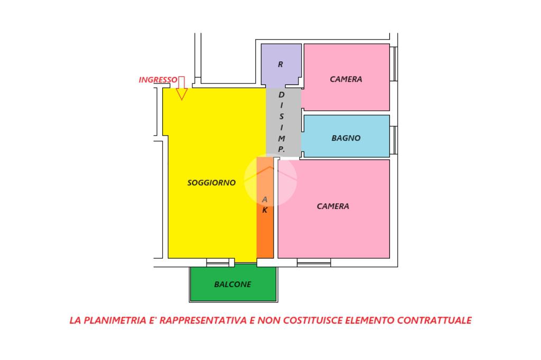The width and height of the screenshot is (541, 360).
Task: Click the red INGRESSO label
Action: coord(157,80)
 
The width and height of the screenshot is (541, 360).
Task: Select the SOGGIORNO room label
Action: coord(211,183)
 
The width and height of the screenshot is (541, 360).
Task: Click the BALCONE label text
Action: coord(232,284)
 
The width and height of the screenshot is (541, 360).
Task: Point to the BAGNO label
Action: coord(346,138)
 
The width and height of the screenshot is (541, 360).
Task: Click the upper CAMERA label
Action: coord(346,79)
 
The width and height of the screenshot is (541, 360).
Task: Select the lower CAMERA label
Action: coord(333,206)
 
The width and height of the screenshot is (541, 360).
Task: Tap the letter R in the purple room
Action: coord(281,65)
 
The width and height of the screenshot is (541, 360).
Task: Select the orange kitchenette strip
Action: coord(265,232)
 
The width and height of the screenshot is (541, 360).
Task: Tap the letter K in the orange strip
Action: coord(265,210)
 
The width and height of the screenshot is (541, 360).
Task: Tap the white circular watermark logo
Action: coord(270,179)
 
